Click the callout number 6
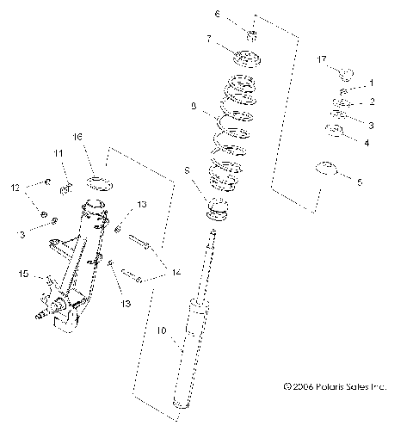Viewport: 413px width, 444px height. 218,15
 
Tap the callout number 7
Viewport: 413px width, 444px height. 207,39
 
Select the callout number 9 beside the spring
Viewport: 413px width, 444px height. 194,107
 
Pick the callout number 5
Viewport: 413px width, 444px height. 360,182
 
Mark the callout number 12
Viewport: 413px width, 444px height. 15,187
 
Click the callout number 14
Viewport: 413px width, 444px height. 176,272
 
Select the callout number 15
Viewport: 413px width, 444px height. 24,274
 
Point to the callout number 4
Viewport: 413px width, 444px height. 367,142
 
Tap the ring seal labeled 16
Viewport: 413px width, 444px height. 101,181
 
